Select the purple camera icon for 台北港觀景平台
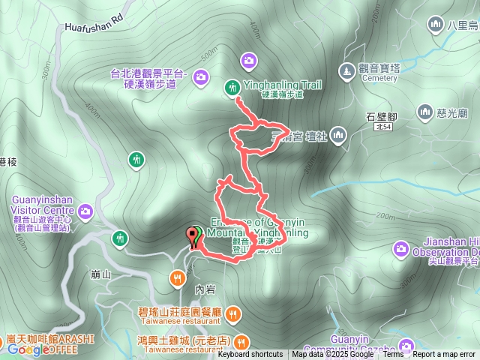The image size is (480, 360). (x=201, y=76)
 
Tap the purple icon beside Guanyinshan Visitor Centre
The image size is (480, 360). (x=85, y=211)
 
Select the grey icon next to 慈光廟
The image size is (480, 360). (x=425, y=113)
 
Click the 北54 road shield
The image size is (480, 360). (x=382, y=129)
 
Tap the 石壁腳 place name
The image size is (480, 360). (x=381, y=116)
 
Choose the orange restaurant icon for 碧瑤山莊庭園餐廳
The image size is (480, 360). (x=232, y=313)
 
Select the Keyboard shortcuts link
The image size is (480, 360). (x=250, y=355)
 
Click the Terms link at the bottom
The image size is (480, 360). (x=393, y=355)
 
